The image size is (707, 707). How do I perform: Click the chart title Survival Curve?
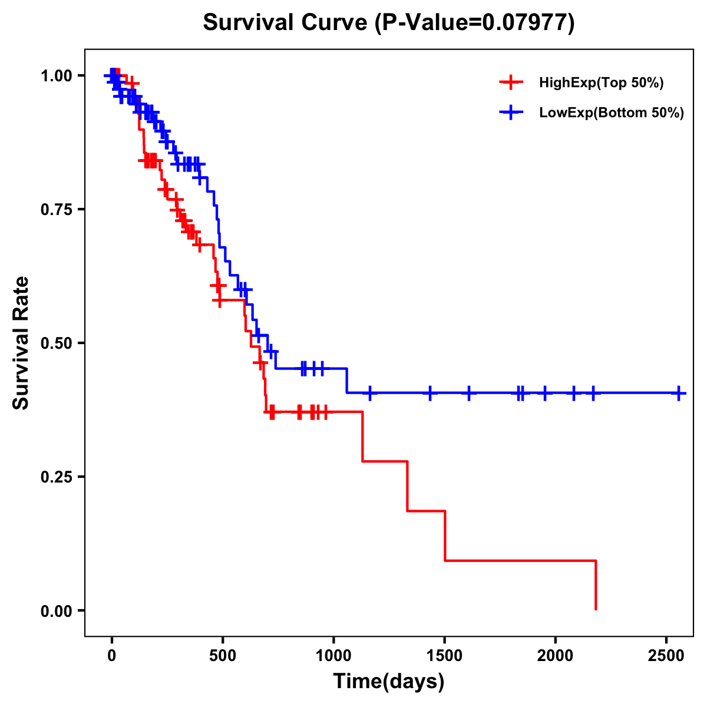click(x=285, y=22)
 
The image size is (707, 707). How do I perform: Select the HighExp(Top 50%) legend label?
click(x=601, y=83)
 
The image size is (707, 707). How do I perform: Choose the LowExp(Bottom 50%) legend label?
click(x=612, y=113)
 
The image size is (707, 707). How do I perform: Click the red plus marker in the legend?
click(x=511, y=83)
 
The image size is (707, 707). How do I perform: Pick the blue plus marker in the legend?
click(x=511, y=113)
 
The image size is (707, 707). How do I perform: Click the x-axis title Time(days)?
click(x=389, y=682)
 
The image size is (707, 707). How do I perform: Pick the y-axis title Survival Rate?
click(x=21, y=343)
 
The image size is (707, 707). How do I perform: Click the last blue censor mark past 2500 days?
click(x=679, y=393)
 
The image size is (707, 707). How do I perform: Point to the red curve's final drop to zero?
click(x=596, y=586)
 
